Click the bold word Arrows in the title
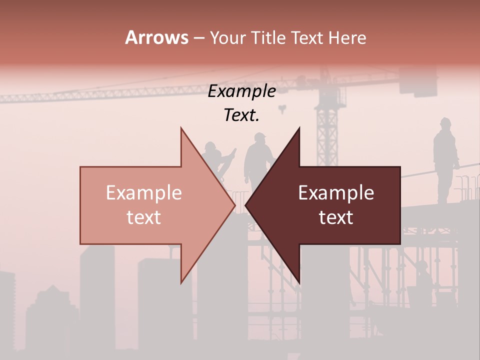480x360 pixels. [x=156, y=37]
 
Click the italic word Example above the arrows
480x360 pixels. [x=241, y=91]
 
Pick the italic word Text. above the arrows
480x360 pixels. [x=241, y=115]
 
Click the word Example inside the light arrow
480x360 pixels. [x=143, y=192]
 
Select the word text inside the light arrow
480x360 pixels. [x=143, y=217]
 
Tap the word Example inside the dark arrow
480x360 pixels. [x=336, y=192]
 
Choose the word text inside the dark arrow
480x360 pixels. [x=336, y=217]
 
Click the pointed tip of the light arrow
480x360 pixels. [x=234, y=205]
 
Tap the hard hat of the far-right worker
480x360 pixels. [x=445, y=121]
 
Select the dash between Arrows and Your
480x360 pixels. [x=198, y=38]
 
